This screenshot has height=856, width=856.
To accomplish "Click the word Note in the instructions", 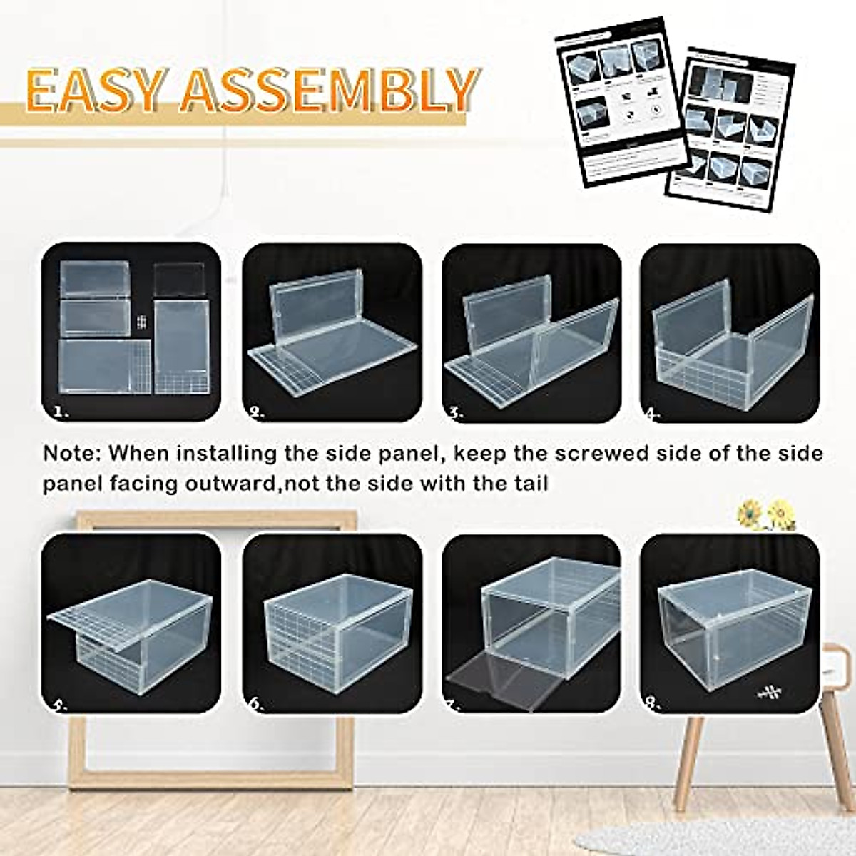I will coord(73,454).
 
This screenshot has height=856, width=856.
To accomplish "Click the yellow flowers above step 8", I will coord(765,514).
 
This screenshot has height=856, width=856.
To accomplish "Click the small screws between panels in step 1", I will coord(141,322).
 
